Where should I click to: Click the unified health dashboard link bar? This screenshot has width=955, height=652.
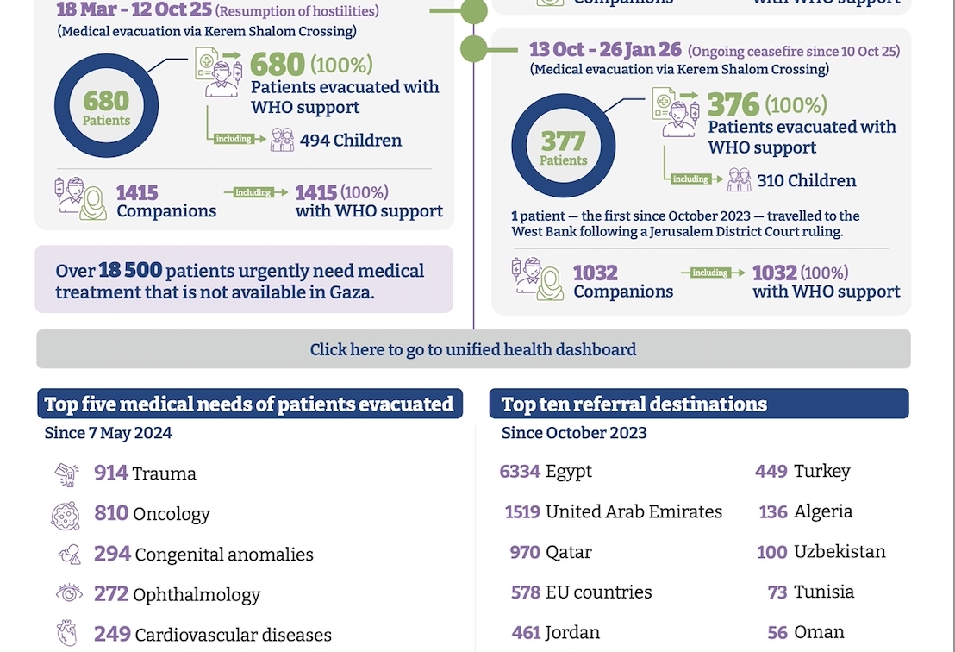[x=473, y=349]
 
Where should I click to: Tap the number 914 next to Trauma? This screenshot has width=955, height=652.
[x=111, y=473]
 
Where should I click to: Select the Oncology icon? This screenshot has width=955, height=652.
[x=66, y=515]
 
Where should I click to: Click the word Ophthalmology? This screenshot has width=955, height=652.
[x=197, y=594]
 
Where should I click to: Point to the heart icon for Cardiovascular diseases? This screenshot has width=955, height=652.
[x=66, y=634]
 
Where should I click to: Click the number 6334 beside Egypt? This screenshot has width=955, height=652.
[x=520, y=472]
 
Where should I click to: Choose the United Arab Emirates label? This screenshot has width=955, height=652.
[x=634, y=511]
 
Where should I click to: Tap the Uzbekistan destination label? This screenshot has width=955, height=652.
[x=840, y=551]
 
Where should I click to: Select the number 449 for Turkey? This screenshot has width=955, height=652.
[x=771, y=471]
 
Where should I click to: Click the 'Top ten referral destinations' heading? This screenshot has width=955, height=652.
[x=634, y=404]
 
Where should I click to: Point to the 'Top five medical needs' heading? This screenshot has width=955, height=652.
[x=249, y=404]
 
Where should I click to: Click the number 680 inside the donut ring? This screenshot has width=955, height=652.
[x=106, y=101]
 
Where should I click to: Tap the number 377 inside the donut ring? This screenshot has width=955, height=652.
[x=563, y=141]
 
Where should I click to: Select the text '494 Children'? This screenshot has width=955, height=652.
[x=350, y=141]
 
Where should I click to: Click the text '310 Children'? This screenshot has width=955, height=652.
[x=806, y=180]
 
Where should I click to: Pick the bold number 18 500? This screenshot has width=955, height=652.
[x=130, y=271]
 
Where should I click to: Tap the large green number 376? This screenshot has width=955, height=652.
[x=733, y=105]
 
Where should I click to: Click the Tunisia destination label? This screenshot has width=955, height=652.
[x=824, y=592]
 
